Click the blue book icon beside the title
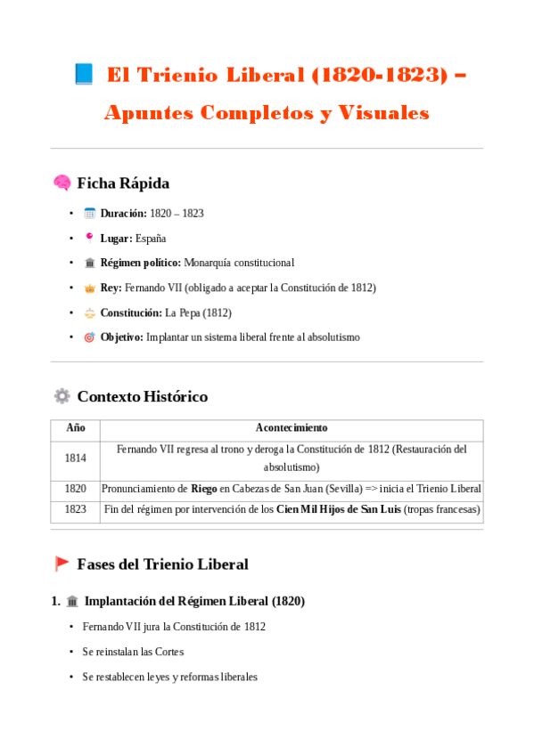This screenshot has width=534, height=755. point(84,75)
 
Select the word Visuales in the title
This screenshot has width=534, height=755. point(384,113)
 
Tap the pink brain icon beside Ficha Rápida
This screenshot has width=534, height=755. point(62,183)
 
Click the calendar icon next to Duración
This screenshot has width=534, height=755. point(89,214)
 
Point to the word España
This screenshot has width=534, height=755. point(151,239)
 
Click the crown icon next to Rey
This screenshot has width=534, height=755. point(89,288)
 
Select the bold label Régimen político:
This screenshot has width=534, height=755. point(141,264)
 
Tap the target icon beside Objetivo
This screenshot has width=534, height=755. point(89,338)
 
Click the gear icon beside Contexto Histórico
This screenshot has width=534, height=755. point(62,396)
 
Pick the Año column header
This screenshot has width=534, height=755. point(76,428)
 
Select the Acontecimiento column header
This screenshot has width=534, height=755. point(292,428)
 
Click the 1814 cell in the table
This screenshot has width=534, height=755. point(76,459)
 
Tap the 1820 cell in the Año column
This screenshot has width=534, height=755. point(76,489)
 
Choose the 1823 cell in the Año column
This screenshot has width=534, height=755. point(76,510)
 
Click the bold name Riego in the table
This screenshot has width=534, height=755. point(204,489)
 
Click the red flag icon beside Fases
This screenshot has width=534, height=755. point(62,564)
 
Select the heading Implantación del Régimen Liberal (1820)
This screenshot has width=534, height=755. point(194,602)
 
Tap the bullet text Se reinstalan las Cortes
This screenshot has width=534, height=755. point(133,652)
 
